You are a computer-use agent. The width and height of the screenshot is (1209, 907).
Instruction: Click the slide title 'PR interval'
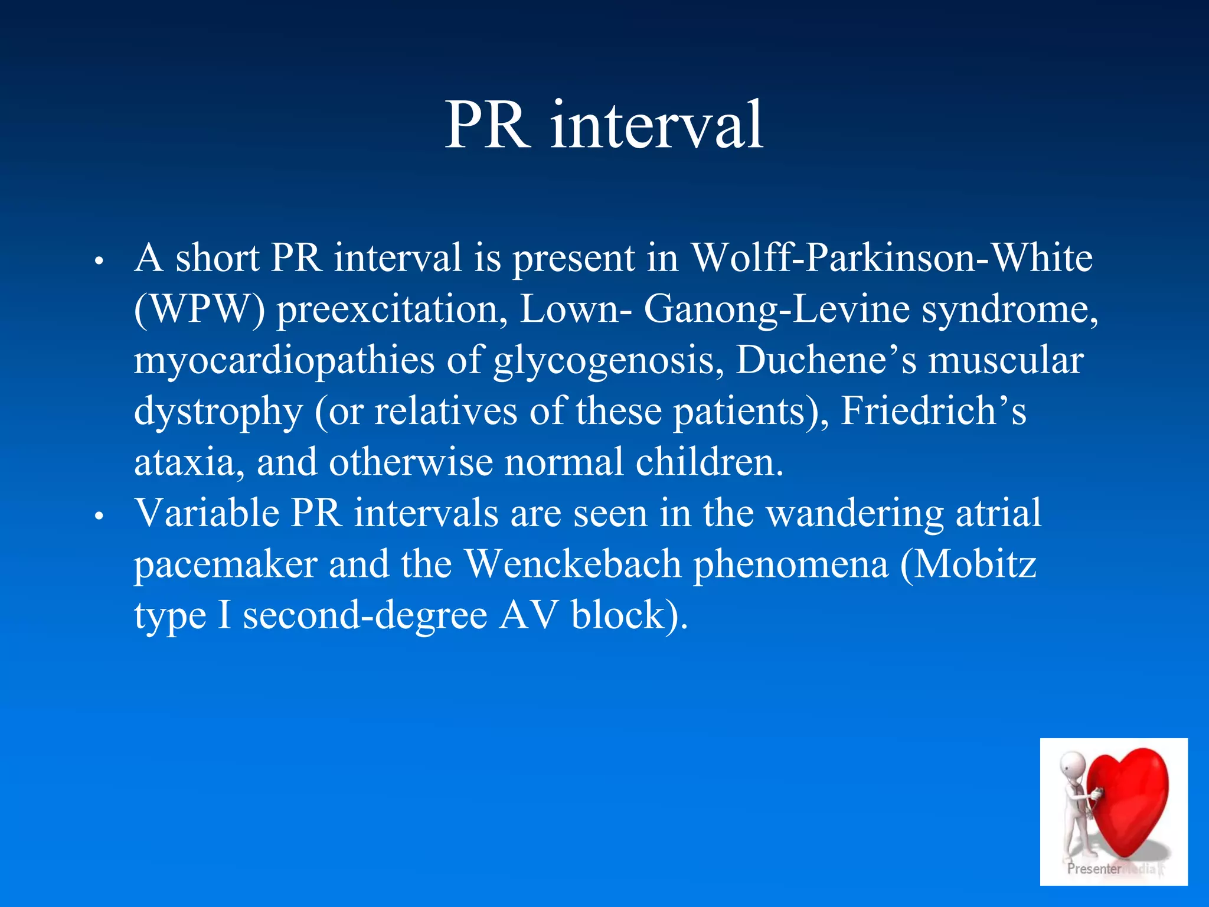tap(604, 125)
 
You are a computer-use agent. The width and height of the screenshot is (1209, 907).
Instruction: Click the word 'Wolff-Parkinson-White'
tap(891, 258)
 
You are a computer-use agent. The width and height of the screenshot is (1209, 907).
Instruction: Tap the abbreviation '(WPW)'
tap(200, 309)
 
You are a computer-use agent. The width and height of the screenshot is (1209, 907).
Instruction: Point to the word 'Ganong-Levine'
tap(776, 309)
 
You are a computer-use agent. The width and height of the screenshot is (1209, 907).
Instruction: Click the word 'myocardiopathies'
tap(284, 360)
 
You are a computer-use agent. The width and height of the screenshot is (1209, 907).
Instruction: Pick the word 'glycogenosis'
tap(608, 360)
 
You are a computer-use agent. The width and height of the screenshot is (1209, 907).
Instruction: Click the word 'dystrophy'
tap(218, 412)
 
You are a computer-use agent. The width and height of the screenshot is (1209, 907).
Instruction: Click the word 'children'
tap(709, 462)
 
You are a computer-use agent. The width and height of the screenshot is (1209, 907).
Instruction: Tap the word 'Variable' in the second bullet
tap(207, 513)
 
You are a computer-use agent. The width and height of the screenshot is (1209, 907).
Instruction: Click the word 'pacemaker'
tap(226, 565)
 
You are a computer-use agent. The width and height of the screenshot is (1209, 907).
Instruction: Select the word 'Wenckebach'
tap(573, 565)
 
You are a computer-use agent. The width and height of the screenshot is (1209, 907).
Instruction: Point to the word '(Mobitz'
tap(968, 565)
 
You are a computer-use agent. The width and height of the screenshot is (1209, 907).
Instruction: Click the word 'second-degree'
tap(365, 615)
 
